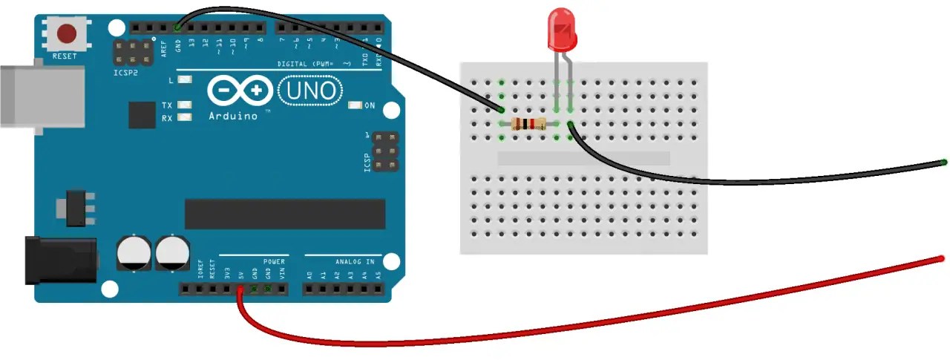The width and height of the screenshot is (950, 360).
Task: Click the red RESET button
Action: (68, 34)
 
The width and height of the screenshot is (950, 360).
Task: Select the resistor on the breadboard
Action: (527, 124)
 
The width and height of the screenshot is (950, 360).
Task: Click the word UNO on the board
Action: (312, 91)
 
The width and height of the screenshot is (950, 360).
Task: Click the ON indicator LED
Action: (354, 105)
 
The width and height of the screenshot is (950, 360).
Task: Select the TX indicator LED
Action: (185, 105)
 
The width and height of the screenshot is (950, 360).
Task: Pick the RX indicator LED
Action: (185, 118)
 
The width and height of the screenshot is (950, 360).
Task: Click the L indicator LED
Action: (185, 80)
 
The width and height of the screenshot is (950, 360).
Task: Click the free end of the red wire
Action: (941, 258)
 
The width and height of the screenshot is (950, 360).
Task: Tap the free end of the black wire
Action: (943, 161)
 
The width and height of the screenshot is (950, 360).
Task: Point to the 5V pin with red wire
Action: (240, 288)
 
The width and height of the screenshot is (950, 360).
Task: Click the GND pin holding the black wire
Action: (178, 27)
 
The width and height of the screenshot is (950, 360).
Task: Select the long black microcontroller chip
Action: (285, 214)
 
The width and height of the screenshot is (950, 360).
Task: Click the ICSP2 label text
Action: (125, 73)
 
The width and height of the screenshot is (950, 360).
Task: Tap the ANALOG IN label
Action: (355, 261)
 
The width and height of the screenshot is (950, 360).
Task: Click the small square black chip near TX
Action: (142, 115)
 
